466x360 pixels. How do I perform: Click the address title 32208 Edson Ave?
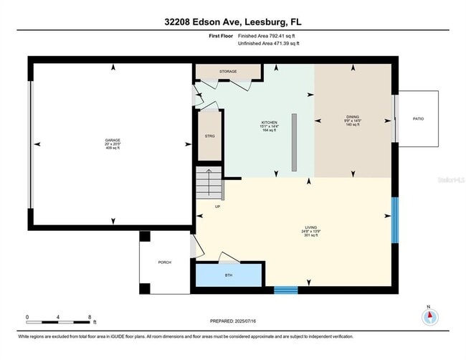(233, 21)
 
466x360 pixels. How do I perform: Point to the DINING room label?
(352, 120)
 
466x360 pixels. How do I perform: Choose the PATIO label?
(418, 118)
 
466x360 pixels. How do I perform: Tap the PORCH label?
(164, 262)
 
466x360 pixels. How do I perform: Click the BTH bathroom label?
(229, 275)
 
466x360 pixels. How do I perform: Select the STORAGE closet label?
(228, 72)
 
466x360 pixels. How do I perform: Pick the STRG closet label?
(210, 135)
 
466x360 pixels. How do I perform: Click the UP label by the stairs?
(217, 207)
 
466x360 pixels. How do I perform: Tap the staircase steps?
(209, 184)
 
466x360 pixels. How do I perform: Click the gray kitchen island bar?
(294, 142)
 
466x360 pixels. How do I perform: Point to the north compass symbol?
(429, 316)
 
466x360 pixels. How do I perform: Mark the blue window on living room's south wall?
(286, 290)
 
